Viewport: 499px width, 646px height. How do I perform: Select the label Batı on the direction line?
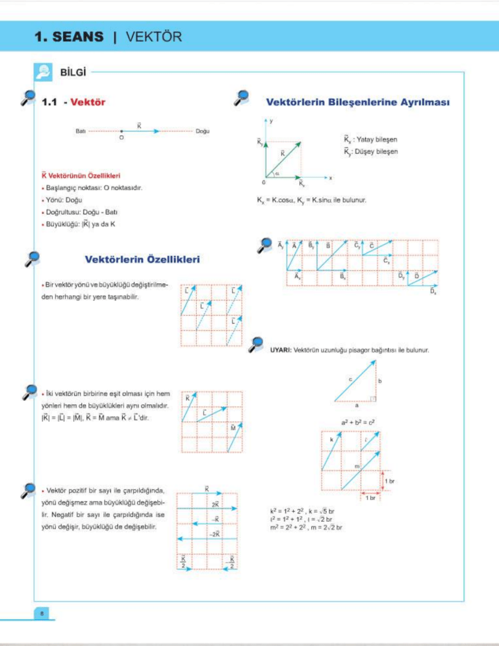coord(81,131)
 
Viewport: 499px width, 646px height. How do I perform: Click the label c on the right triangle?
coord(350,378)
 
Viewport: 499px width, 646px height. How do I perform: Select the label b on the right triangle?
coord(379,381)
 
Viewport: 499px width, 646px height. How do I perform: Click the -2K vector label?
coord(214,534)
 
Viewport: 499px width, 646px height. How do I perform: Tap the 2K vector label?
coord(214,504)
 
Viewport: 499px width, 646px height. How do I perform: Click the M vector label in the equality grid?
coord(233,428)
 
